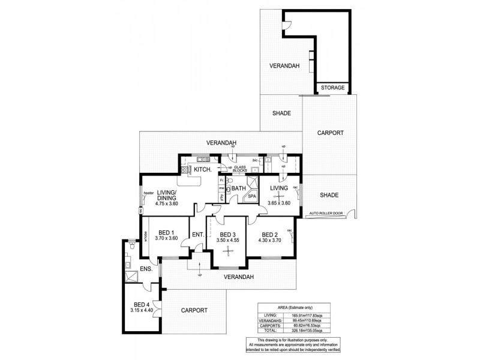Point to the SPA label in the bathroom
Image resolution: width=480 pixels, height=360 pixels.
point(252,196)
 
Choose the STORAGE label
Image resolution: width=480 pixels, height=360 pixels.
point(332,88)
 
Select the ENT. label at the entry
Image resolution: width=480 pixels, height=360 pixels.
point(197,235)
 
